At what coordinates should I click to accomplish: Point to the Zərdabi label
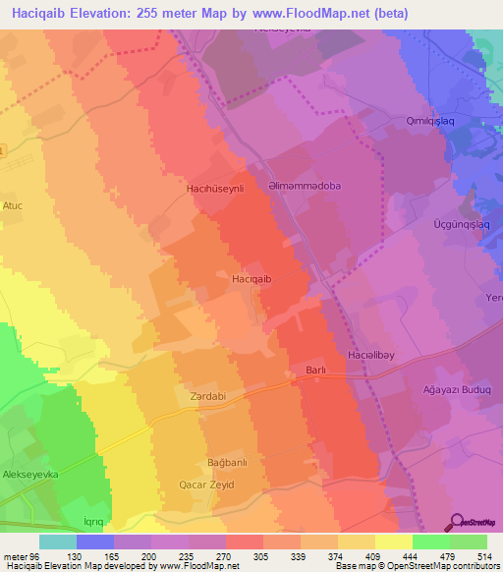pos(207,397)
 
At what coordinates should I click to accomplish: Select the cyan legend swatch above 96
pos(57,541)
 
